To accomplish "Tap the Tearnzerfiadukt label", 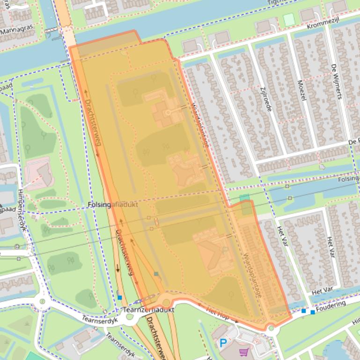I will [x=148, y=310].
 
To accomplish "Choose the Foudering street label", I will [x=331, y=306].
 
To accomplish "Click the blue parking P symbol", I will [x=223, y=344].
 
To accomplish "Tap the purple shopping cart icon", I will [x=243, y=351].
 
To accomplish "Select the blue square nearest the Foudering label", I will [x=313, y=311].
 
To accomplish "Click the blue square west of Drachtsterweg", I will [x=120, y=297].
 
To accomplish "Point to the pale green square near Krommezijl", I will [x=289, y=20].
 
